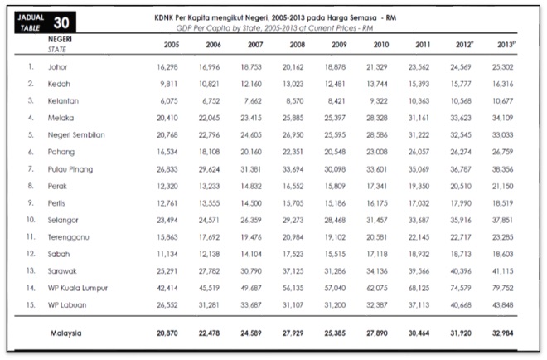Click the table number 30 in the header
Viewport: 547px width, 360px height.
point(62,22)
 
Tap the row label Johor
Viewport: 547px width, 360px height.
point(59,66)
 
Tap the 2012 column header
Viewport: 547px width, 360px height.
point(475,45)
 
